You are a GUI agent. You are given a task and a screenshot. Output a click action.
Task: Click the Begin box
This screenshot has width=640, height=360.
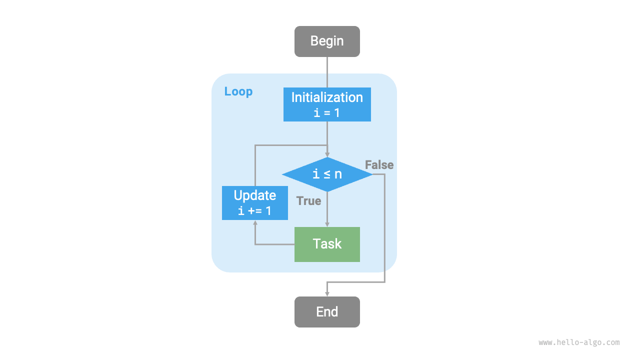pos(327,41)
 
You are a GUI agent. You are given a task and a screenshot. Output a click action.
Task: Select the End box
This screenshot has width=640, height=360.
pos(327,312)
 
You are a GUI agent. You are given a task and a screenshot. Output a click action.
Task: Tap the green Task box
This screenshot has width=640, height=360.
pos(327,244)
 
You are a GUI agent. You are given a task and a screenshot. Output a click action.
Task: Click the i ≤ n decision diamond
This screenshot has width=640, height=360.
pos(327,174)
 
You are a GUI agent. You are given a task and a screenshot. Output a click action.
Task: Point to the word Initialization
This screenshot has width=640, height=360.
pos(327,97)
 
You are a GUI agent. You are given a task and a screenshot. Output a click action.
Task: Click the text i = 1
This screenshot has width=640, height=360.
pos(327,113)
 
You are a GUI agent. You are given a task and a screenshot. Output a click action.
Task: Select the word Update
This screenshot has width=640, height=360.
pos(255,195)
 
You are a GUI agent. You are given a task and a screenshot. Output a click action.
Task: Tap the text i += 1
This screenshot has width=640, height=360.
pos(255,211)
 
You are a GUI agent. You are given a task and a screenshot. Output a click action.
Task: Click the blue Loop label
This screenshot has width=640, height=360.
pos(238,91)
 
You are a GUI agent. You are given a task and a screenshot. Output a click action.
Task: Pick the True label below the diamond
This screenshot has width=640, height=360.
pos(308,201)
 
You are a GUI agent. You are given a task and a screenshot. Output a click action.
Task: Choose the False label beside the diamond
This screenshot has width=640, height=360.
pos(379,165)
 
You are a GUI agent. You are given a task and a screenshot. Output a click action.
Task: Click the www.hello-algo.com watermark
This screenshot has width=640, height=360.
pos(579,342)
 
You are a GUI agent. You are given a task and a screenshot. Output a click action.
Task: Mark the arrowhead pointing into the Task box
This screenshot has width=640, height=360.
pos(327,224)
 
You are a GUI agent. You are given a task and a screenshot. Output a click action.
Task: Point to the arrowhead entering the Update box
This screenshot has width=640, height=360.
pos(255,223)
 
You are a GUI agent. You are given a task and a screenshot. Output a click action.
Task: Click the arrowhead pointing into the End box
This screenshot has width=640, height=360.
pos(327,293)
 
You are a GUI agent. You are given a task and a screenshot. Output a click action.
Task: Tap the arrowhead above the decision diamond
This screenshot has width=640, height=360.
pos(327,154)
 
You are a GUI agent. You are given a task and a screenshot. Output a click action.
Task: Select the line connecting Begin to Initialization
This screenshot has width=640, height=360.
pos(327,72)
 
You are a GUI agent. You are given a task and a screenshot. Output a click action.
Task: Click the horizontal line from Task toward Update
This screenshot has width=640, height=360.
pos(274,244)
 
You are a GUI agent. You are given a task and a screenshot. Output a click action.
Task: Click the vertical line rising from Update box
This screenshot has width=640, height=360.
pos(255,165)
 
